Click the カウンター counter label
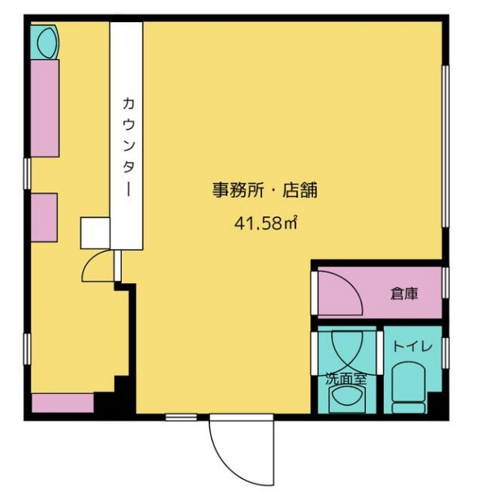click(128, 147)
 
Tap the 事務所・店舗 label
click(265, 190)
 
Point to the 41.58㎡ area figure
click(266, 223)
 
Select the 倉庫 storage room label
click(404, 294)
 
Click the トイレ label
click(412, 346)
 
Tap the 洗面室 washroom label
click(346, 378)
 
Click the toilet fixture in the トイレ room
click(408, 388)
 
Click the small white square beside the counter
click(95, 233)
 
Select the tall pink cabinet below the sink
click(45, 108)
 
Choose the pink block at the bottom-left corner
click(63, 403)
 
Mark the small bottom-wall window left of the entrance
click(181, 417)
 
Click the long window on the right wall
click(446, 146)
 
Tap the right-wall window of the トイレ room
click(446, 353)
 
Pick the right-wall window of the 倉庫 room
click(446, 283)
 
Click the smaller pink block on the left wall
click(44, 217)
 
